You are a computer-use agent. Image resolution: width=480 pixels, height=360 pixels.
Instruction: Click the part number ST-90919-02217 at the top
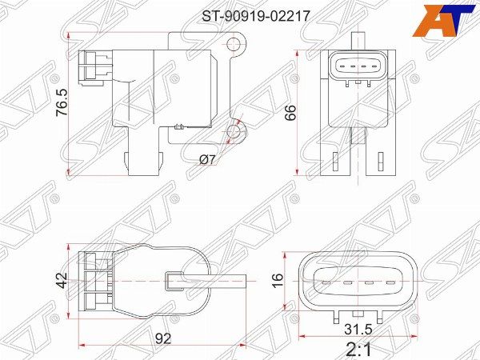point(256,16)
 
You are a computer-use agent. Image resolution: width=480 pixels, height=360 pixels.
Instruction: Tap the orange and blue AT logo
point(446,21)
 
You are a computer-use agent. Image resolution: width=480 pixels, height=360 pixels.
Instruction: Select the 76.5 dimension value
point(62,102)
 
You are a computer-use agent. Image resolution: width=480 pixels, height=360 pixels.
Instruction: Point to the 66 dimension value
point(290,112)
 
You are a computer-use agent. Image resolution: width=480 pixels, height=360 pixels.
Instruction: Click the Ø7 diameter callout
point(207,159)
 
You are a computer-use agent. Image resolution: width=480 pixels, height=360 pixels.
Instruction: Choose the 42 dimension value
point(62,280)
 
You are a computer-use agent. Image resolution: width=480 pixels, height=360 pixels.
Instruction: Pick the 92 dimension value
point(163,339)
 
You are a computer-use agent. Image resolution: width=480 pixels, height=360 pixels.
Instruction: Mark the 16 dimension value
point(278,281)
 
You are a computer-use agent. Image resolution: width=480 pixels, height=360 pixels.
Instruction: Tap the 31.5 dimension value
point(358,330)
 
